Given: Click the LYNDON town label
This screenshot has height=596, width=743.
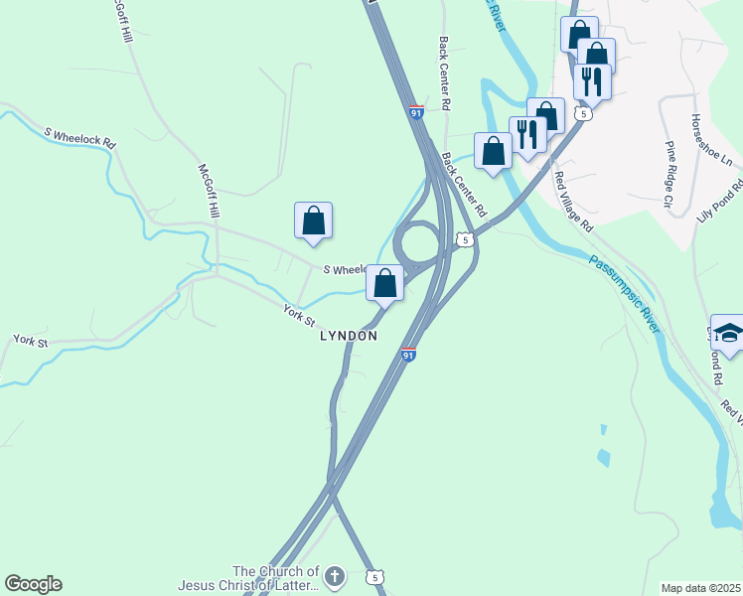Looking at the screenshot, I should [348, 336].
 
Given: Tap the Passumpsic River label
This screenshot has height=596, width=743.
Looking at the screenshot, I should [625, 295].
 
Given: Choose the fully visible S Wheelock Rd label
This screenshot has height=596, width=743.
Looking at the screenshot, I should [79, 138].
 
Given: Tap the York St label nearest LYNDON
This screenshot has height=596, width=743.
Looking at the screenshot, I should [298, 317].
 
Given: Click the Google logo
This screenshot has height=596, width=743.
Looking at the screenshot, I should [33, 584].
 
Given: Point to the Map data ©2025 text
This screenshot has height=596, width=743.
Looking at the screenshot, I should [701, 588].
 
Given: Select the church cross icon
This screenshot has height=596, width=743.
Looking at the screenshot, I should [336, 576].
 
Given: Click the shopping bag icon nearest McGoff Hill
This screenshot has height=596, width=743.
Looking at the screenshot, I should [313, 220].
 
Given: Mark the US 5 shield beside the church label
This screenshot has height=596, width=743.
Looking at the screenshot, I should [373, 577].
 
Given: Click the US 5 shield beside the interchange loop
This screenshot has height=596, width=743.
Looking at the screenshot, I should [463, 239].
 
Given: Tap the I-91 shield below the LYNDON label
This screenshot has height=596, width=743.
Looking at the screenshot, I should [408, 354].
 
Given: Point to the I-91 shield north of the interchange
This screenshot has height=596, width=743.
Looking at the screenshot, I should [415, 112].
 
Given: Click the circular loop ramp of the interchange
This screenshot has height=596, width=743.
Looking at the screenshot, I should [416, 242].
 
